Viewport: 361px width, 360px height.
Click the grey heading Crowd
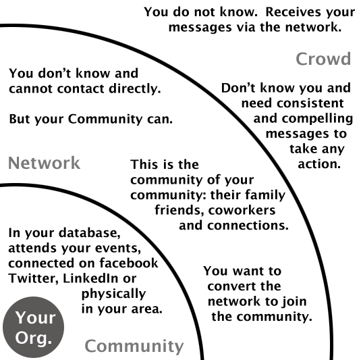point(323,59)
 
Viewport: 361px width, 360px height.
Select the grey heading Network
point(44,163)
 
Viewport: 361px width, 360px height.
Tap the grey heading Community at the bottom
point(134,346)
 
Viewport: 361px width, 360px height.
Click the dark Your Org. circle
point(33,327)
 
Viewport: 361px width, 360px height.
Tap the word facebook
point(129,263)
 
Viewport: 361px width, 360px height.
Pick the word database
point(90,233)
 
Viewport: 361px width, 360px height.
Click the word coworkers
point(242,210)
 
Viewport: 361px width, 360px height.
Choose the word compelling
point(318,119)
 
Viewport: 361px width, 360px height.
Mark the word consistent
point(310,103)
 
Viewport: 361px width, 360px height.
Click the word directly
point(135,89)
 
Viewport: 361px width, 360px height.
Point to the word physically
point(114,294)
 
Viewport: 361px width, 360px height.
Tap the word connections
point(248,226)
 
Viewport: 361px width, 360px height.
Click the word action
point(319,164)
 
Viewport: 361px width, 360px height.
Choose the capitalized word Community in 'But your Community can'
point(105,119)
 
